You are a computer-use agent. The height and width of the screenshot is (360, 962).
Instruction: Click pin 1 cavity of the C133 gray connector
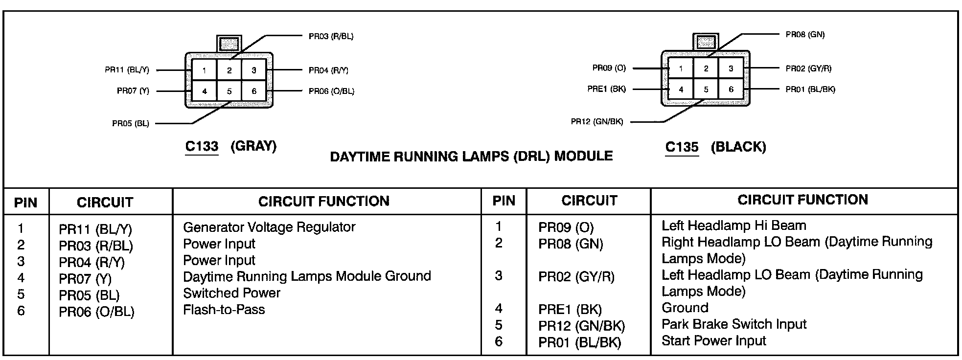point(204,70)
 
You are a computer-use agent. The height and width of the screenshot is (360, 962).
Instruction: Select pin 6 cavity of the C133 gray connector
point(254,91)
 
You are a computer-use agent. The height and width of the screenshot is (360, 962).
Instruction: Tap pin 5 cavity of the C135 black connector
point(706,90)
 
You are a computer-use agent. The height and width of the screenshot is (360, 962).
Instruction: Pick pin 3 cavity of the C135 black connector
point(731,68)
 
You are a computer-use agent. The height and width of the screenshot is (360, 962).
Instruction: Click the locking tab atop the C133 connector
point(229,44)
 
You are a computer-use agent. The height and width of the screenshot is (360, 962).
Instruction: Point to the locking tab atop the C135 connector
point(706,42)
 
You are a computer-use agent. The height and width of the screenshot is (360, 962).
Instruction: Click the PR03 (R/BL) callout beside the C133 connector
point(331,36)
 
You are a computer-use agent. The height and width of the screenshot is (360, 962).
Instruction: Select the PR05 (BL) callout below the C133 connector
point(131,124)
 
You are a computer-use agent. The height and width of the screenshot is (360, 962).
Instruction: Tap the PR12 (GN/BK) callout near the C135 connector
point(597,122)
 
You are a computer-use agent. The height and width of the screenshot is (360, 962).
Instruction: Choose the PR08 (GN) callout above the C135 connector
point(805,35)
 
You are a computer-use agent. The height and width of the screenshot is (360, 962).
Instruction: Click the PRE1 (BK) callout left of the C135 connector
point(606,90)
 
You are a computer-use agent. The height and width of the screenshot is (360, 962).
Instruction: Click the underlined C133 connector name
point(202,146)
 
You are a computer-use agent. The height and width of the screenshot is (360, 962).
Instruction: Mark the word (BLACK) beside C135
point(738,147)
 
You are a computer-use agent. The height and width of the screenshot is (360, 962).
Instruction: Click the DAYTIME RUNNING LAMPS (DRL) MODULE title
point(471,157)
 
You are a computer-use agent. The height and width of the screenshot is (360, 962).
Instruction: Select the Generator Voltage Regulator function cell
point(269,227)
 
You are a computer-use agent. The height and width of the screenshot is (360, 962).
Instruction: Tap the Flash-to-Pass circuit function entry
point(224,310)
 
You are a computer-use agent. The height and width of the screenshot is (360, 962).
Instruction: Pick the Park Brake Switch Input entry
point(733,324)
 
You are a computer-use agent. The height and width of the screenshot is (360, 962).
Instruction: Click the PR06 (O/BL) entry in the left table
point(96,312)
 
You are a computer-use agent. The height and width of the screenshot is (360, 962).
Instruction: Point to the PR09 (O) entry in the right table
point(566,227)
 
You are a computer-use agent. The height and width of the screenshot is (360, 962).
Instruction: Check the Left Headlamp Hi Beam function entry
point(733,225)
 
